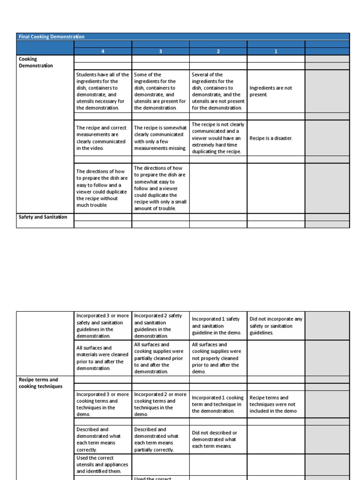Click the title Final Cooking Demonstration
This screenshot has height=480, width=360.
pyautogui.click(x=52, y=37)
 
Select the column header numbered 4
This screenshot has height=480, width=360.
pyautogui.click(x=103, y=52)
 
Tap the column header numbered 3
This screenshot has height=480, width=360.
pyautogui.click(x=160, y=52)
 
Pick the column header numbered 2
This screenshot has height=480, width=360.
pyautogui.click(x=218, y=52)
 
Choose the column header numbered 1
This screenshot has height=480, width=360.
pyautogui.click(x=276, y=52)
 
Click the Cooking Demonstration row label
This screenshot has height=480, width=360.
pyautogui.click(x=36, y=62)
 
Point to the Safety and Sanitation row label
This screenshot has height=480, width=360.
pyautogui.click(x=43, y=217)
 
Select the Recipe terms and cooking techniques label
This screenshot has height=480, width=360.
pyautogui.click(x=38, y=383)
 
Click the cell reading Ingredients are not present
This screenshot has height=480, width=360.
pyautogui.click(x=271, y=91)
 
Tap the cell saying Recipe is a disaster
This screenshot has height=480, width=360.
pyautogui.click(x=271, y=138)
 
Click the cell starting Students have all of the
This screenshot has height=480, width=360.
pyautogui.click(x=102, y=91)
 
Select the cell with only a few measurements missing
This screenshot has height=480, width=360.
pyautogui.click(x=160, y=138)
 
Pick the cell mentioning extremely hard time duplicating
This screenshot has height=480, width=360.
pyautogui.click(x=218, y=138)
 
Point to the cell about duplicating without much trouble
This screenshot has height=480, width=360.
pyautogui.click(x=102, y=188)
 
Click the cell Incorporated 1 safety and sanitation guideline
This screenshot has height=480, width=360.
pyautogui.click(x=218, y=326)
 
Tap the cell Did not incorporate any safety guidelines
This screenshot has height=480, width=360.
pyautogui.click(x=276, y=326)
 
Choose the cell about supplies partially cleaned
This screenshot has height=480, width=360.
pyautogui.click(x=160, y=358)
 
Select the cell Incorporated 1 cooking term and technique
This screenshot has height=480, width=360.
pyautogui.click(x=218, y=404)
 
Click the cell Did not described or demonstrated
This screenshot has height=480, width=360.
pyautogui.click(x=218, y=439)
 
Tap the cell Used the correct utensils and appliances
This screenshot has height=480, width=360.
pyautogui.click(x=102, y=464)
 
